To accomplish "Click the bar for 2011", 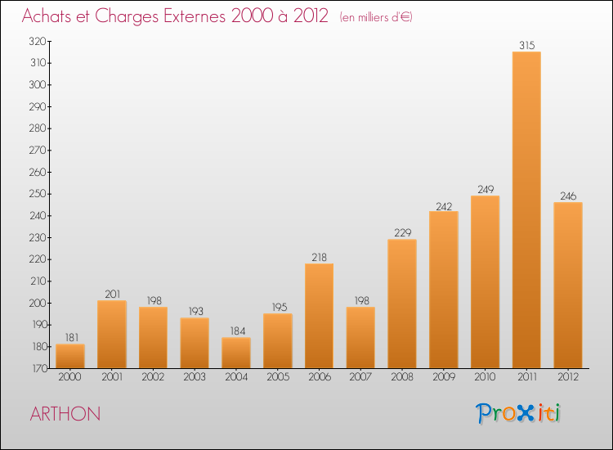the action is [526, 209].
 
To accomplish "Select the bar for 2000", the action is [70, 356].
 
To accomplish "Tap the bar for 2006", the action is [319, 316].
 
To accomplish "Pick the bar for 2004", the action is [236, 353].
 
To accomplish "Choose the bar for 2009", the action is [444, 290].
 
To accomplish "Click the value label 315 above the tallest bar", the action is [527, 45].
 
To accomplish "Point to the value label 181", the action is [72, 337].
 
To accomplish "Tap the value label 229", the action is [403, 233].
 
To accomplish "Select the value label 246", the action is [568, 196].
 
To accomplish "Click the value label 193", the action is [196, 311].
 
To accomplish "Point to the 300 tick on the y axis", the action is [38, 84].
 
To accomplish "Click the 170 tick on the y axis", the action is [38, 368].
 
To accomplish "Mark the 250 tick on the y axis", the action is [38, 194].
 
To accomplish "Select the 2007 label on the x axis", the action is [360, 377].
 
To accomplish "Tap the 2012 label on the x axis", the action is [568, 377].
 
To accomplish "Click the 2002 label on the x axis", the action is [153, 377].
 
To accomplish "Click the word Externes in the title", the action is [195, 16].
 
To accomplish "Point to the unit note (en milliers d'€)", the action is [376, 17].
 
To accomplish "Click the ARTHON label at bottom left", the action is [65, 414].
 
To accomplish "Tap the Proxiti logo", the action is [518, 413].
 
